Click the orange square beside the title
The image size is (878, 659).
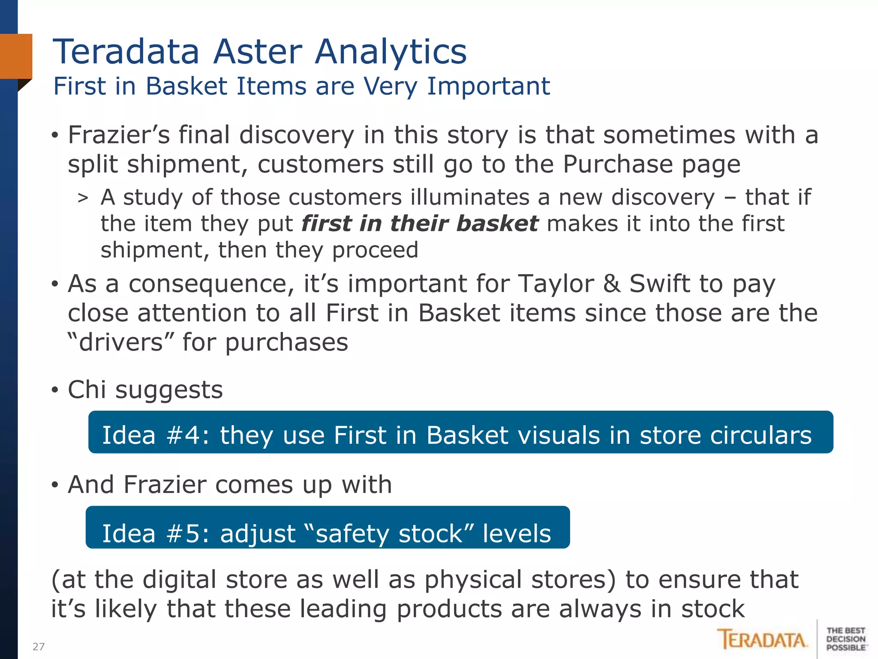(16, 56)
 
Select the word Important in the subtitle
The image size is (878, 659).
(488, 86)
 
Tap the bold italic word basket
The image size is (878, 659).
(497, 224)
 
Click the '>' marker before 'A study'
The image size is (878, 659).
(83, 198)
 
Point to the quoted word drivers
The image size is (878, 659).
(121, 342)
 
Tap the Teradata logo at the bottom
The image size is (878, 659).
(762, 639)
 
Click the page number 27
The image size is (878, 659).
(39, 647)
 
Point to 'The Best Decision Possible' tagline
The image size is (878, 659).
(846, 639)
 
